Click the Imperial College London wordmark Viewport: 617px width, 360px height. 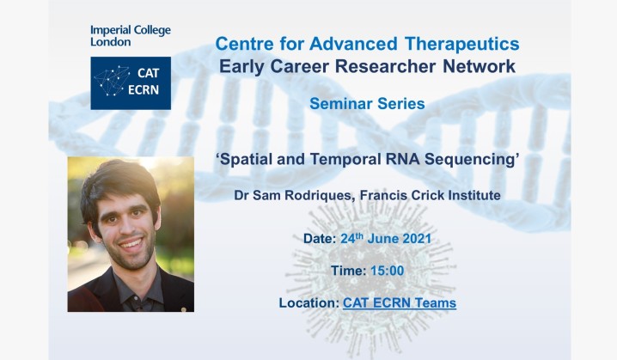[130, 36]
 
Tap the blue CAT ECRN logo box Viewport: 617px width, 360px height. [131, 83]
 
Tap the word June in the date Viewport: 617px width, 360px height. [403, 238]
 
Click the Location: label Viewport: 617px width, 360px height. [309, 303]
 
